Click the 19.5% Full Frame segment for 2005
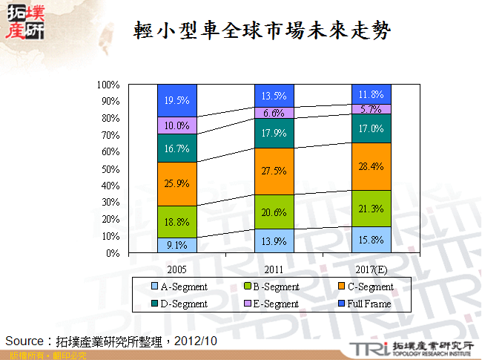tap(176, 100)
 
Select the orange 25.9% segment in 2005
tap(176, 183)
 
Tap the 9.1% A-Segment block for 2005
tap(176, 245)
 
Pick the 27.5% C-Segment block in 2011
tap(274, 171)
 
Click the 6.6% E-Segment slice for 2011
tap(274, 113)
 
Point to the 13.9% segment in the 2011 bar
tap(274, 241)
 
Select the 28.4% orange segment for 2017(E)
tap(371, 166)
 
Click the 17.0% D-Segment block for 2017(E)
tap(371, 128)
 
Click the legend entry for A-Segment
tap(180, 287)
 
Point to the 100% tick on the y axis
tap(109, 85)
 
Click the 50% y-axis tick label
tap(111, 168)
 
